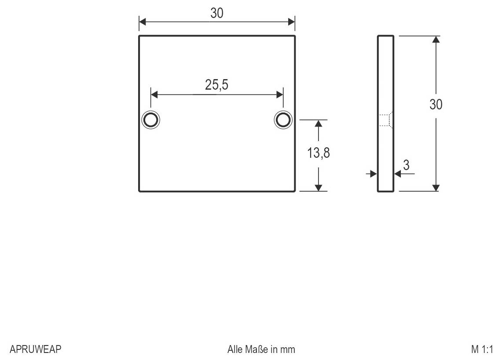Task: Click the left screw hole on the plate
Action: pos(150,120)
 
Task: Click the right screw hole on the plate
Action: pos(283,120)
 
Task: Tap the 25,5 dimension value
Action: pos(216,85)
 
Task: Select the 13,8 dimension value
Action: pos(319,153)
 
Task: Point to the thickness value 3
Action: pos(406,165)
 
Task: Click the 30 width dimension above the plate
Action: pos(216,13)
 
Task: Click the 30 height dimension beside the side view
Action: pos(436,105)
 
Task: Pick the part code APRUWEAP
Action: pos(35,349)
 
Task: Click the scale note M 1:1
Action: pos(482,349)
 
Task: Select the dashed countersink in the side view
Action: pos(385,120)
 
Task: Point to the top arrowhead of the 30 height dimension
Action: pos(436,39)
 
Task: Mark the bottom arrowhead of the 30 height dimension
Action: pos(436,188)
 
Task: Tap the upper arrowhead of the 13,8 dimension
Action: pos(319,124)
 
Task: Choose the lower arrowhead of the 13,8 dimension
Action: pos(319,188)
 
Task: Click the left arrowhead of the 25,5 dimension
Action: pos(154,95)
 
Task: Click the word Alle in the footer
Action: pos(235,349)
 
